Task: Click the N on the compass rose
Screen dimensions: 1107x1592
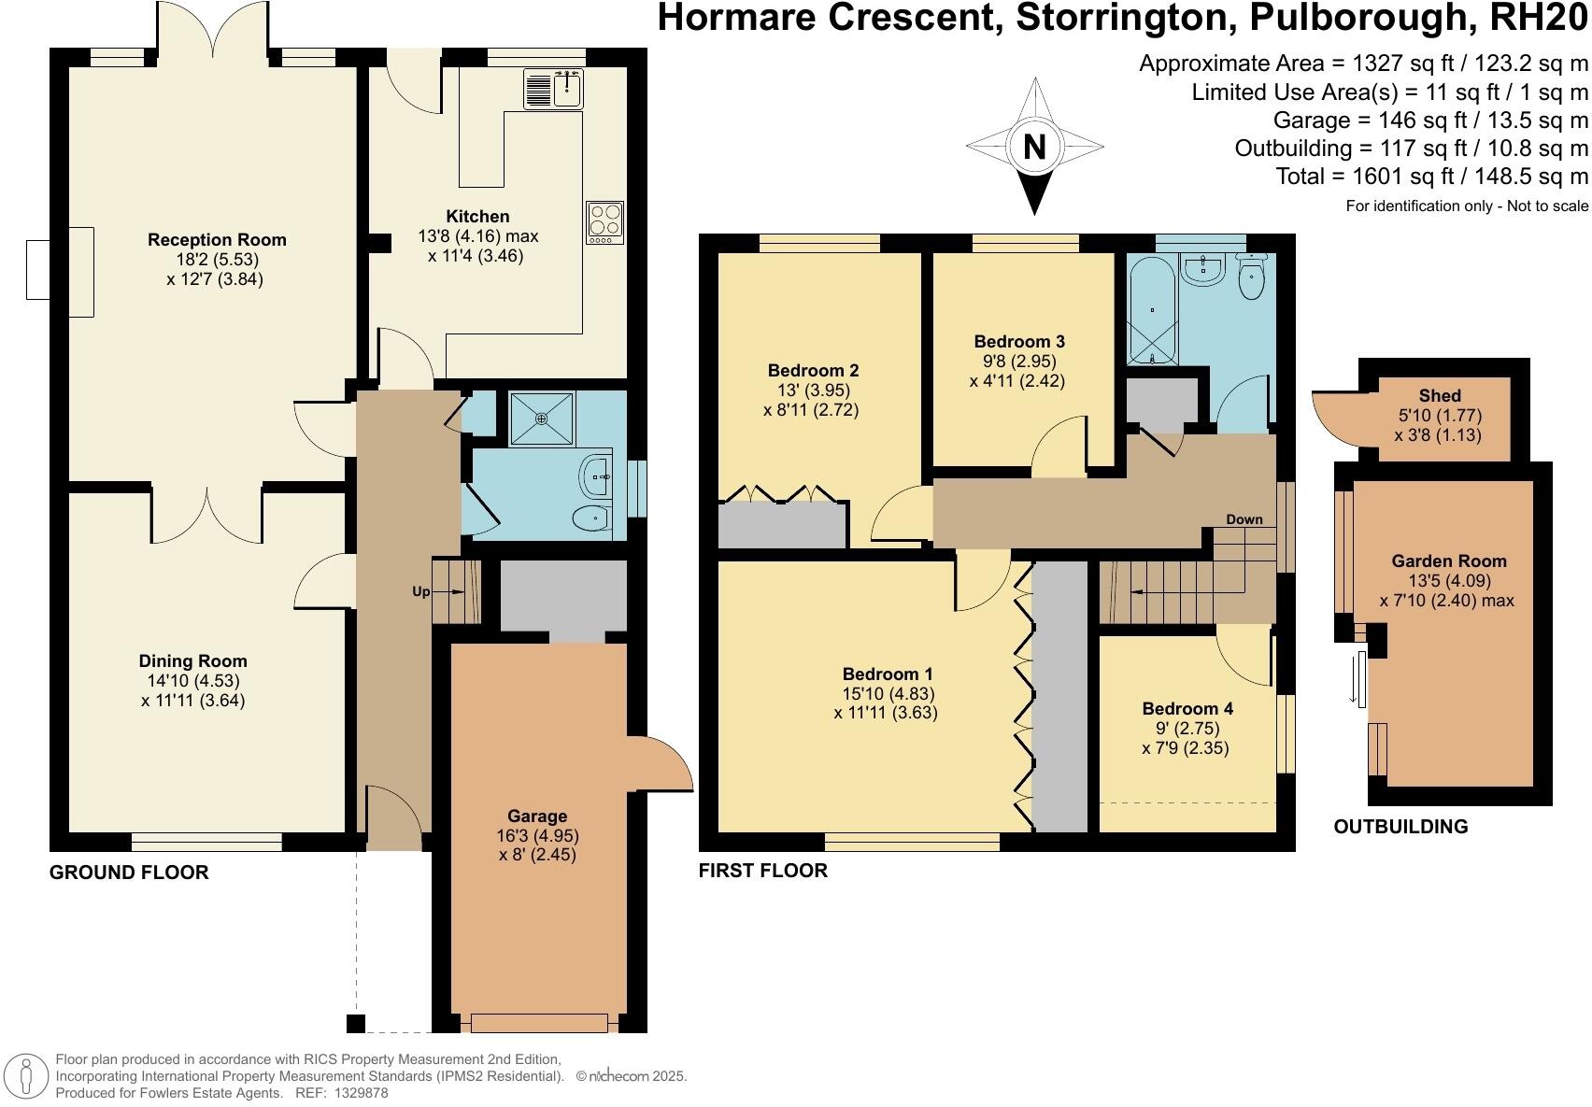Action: [1034, 147]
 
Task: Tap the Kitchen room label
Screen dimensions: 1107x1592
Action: [477, 217]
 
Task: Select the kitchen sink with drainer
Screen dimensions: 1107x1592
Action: [554, 90]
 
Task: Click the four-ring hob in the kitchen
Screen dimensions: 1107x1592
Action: [604, 222]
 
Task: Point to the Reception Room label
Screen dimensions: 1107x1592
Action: [217, 240]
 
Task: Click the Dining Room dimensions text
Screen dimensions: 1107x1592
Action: [193, 690]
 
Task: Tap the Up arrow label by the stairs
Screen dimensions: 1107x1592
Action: [422, 591]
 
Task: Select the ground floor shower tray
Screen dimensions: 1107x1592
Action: [542, 418]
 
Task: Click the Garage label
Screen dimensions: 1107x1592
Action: [537, 816]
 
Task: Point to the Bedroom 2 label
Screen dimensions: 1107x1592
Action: [813, 371]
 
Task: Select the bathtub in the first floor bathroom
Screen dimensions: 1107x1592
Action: [1154, 311]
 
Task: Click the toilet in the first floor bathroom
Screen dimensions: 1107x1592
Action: [1251, 277]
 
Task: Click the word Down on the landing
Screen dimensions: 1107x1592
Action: [1244, 519]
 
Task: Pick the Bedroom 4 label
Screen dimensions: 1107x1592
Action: [1187, 709]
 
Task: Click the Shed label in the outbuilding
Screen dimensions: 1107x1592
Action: [1439, 396]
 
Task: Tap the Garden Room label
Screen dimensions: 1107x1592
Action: [1448, 561]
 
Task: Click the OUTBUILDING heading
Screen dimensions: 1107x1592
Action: [1400, 827]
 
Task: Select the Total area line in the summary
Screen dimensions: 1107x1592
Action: [1431, 177]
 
